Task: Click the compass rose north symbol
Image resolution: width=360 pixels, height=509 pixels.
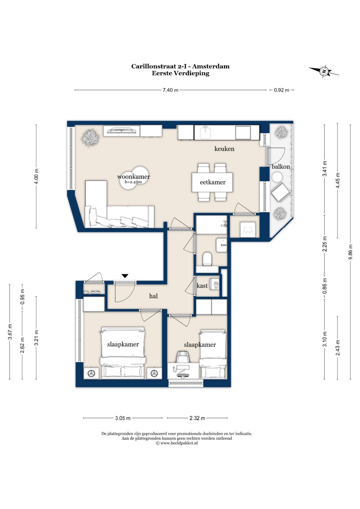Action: click(x=324, y=72)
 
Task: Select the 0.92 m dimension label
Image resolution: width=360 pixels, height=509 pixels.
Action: click(x=281, y=90)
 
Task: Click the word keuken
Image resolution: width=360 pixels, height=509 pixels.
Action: click(x=224, y=149)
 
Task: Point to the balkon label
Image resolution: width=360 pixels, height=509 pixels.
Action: click(x=281, y=167)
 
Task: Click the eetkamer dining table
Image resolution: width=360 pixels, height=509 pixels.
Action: click(x=212, y=182)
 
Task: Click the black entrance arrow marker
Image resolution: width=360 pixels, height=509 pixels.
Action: click(x=125, y=276)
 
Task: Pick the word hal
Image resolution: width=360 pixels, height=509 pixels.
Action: click(x=153, y=296)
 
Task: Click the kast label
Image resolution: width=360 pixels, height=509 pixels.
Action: click(x=202, y=285)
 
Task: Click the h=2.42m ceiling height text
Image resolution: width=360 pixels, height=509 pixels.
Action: click(x=133, y=182)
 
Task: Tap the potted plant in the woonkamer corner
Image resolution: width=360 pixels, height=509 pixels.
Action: click(x=90, y=138)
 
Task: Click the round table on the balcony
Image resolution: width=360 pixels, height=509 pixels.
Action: click(x=277, y=177)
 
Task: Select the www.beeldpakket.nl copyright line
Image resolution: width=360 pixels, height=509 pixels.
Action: click(x=177, y=443)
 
